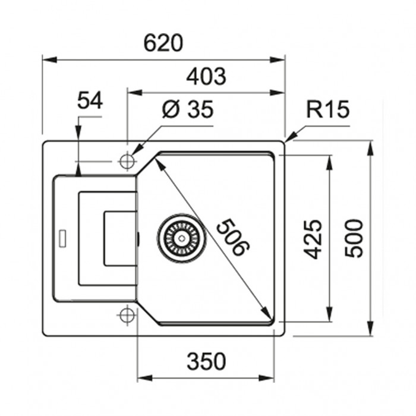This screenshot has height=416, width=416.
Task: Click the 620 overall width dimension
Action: [x=163, y=43]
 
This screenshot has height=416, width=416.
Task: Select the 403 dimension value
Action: [x=206, y=77]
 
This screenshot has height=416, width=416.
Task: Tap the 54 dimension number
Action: [x=90, y=100]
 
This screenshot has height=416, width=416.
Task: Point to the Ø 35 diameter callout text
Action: [x=188, y=109]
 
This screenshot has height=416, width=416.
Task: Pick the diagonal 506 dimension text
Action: [x=233, y=237]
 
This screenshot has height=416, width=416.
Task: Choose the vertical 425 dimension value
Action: [x=313, y=239]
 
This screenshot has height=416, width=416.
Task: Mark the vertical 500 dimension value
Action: [x=354, y=238]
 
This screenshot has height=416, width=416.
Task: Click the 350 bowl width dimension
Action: [x=206, y=361]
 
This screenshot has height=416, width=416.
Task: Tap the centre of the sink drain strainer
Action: [x=181, y=238]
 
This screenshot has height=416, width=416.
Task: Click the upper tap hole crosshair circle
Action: [x=127, y=161]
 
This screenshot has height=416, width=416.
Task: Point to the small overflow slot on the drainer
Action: [x=62, y=238]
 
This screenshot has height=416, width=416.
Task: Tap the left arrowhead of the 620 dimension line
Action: [x=49, y=59]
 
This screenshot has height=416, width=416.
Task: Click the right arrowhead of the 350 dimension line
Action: [x=267, y=378]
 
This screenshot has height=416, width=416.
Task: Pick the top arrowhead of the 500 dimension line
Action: [x=370, y=149]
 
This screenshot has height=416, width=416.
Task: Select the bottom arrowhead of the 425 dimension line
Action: [x=329, y=314]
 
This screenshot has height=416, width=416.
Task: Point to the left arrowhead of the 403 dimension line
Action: [x=135, y=93]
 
